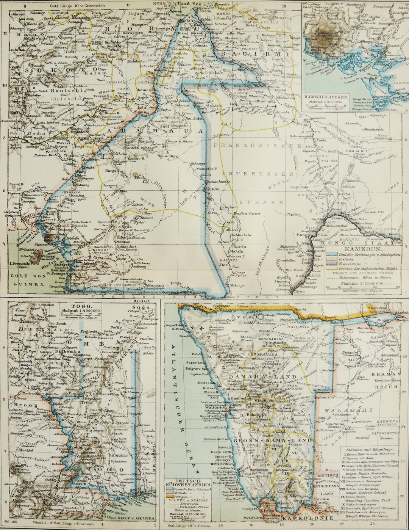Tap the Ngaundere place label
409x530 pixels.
pyautogui.click(x=168, y=156)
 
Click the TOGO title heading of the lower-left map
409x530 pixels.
pyautogui.click(x=81, y=306)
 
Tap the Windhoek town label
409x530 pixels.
pyautogui.click(x=264, y=400)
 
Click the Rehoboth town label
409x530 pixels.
pyautogui.click(x=257, y=415)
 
